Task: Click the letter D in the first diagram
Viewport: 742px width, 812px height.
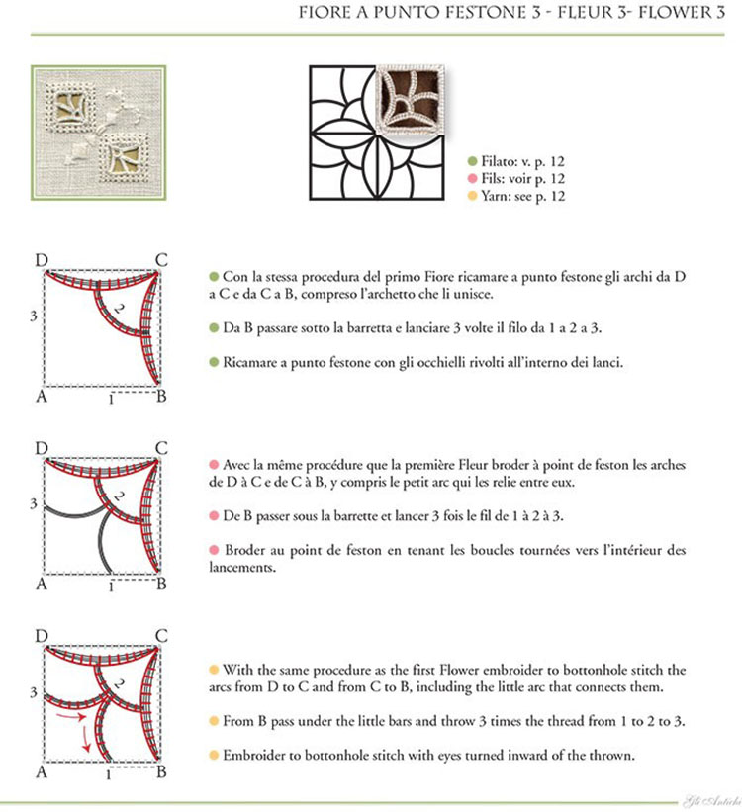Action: [42, 261]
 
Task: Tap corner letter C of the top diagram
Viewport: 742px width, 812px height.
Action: [160, 261]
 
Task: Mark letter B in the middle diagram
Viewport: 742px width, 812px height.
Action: [161, 584]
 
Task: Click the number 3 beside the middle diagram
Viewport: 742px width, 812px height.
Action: [34, 503]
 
